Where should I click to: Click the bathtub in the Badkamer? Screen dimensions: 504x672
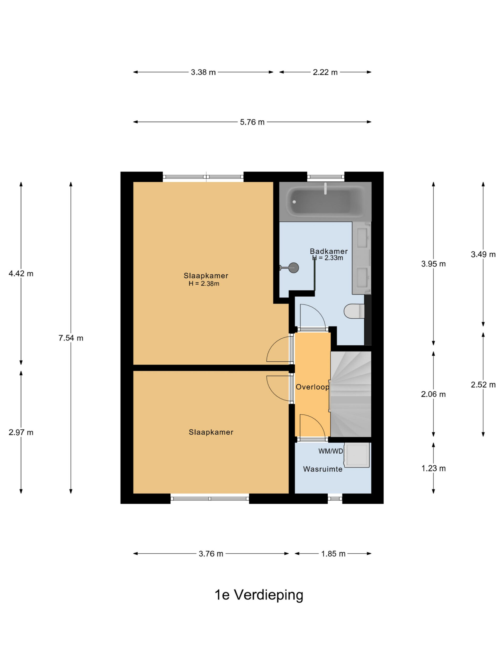click(x=325, y=201)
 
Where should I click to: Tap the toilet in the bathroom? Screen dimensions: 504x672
click(x=354, y=311)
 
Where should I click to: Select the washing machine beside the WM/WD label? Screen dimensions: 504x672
click(x=357, y=455)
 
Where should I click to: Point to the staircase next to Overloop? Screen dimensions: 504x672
click(x=351, y=394)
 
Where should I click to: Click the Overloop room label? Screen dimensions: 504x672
click(x=312, y=387)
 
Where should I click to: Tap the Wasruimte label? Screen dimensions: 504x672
click(x=323, y=469)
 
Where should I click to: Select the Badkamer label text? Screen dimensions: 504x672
click(x=328, y=251)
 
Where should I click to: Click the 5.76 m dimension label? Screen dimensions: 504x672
click(x=252, y=122)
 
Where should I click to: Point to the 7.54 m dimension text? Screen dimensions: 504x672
click(x=71, y=338)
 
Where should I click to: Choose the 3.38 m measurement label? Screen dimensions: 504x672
click(x=203, y=72)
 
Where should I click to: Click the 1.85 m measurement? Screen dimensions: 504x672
click(x=333, y=554)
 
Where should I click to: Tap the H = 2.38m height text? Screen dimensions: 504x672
click(x=204, y=284)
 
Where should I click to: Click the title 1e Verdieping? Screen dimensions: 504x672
click(x=259, y=595)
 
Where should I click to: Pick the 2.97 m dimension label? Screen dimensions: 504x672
click(x=21, y=432)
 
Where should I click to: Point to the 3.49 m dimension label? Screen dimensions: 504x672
click(x=483, y=254)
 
